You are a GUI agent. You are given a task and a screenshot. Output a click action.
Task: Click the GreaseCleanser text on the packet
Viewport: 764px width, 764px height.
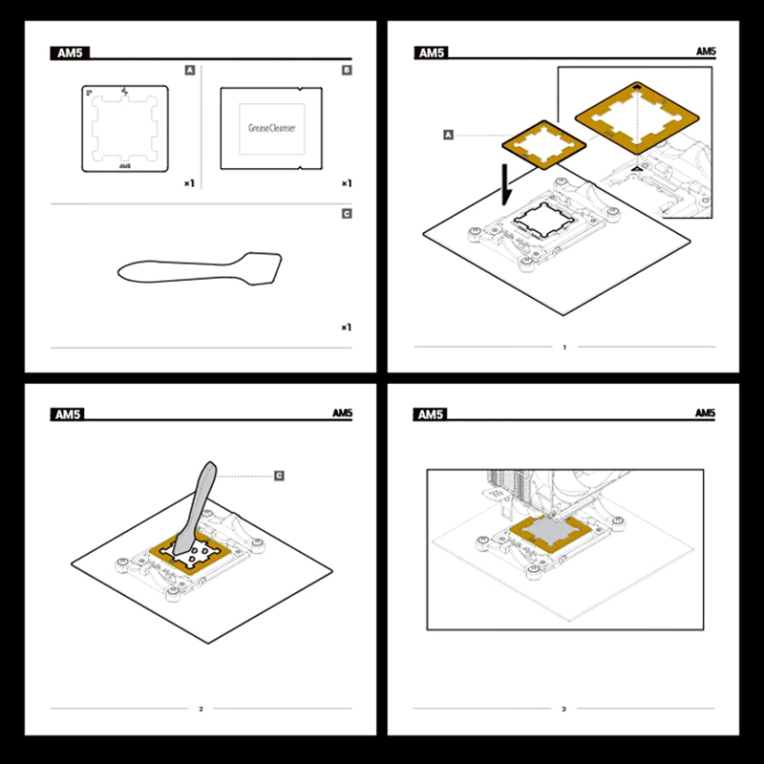pyautogui.click(x=272, y=128)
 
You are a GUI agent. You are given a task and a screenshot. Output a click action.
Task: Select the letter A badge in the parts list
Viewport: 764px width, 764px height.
pyautogui.click(x=190, y=70)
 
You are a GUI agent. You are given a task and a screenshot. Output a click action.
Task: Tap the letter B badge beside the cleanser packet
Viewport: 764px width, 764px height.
pyautogui.click(x=347, y=70)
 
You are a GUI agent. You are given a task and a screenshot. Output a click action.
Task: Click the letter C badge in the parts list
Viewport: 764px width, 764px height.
pyautogui.click(x=347, y=214)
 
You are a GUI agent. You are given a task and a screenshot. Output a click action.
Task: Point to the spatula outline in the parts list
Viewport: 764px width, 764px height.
pyautogui.click(x=200, y=269)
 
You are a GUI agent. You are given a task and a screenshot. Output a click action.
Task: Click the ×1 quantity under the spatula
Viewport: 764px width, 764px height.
pyautogui.click(x=346, y=328)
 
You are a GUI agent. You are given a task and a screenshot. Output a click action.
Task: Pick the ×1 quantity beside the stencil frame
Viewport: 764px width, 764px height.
pyautogui.click(x=189, y=183)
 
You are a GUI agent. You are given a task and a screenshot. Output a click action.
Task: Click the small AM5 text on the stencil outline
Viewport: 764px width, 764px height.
pyautogui.click(x=125, y=166)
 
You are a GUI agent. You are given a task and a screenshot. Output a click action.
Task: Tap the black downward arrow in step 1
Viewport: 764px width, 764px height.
pyautogui.click(x=506, y=185)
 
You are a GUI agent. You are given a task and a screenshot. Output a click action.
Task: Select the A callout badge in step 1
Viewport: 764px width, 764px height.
pyautogui.click(x=448, y=135)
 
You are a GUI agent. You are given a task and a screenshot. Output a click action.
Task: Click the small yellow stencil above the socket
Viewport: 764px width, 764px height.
pyautogui.click(x=543, y=145)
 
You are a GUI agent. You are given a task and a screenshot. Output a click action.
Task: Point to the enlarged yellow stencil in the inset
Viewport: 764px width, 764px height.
pyautogui.click(x=637, y=118)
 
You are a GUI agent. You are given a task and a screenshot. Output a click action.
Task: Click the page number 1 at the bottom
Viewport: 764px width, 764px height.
pyautogui.click(x=564, y=348)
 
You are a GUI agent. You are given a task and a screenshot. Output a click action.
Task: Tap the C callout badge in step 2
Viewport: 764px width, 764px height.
pyautogui.click(x=279, y=476)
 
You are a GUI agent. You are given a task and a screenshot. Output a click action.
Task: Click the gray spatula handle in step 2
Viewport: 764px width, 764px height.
pyautogui.click(x=196, y=508)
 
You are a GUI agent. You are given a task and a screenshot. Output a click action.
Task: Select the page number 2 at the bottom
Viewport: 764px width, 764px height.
pyautogui.click(x=202, y=709)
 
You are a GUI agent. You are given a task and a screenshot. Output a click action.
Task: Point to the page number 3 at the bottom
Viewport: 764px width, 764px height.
pyautogui.click(x=564, y=709)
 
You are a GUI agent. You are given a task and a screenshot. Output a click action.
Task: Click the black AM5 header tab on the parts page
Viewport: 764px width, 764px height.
pyautogui.click(x=70, y=53)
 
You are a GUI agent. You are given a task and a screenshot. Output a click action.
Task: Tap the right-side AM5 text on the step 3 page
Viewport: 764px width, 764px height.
pyautogui.click(x=705, y=414)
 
